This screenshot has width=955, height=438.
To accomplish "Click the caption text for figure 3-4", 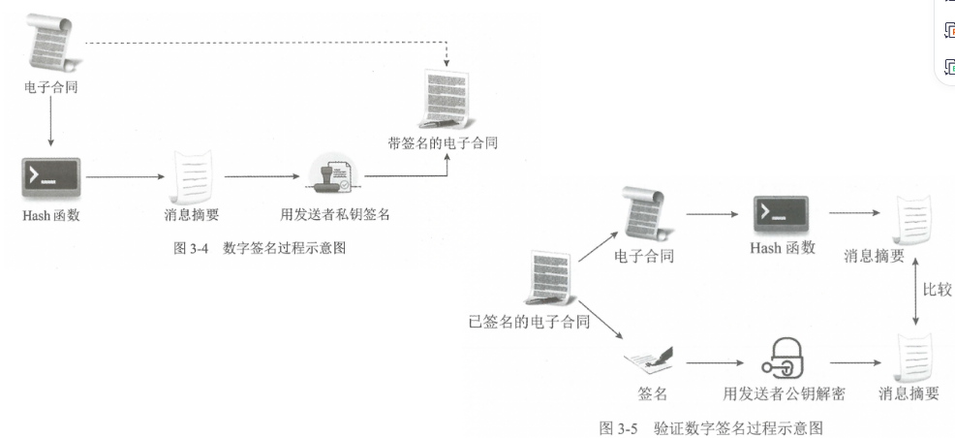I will point(259,249).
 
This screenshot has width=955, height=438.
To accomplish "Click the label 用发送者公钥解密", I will point(785,395).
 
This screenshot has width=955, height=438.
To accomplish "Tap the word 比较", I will point(938,290).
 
